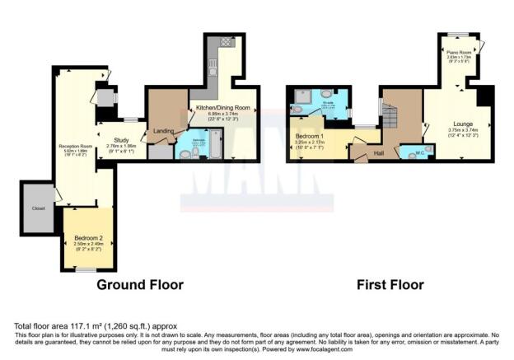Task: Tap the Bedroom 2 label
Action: (x=89, y=236)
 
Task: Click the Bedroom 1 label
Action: (x=310, y=135)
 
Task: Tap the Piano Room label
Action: (x=459, y=52)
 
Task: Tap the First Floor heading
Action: (x=390, y=285)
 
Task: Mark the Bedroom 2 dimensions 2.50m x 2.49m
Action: (x=89, y=244)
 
